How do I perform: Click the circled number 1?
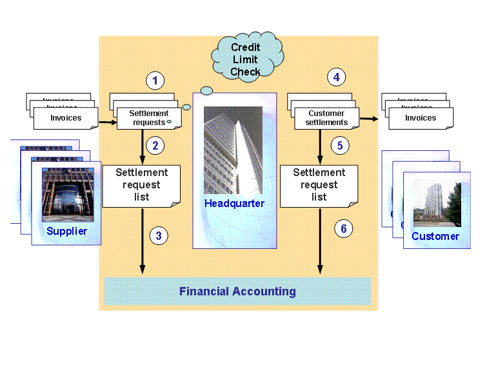(x=155, y=81)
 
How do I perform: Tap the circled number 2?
(x=155, y=145)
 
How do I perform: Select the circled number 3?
(x=159, y=235)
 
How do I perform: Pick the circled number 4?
(x=335, y=77)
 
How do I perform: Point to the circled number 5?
(x=340, y=145)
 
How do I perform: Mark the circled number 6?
(x=344, y=228)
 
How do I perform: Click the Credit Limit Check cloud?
(x=246, y=59)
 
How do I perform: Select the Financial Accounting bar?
(x=237, y=291)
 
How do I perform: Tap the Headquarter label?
(x=235, y=204)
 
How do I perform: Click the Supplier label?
(x=66, y=231)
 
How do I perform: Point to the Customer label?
(x=435, y=236)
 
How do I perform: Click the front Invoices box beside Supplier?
(x=66, y=118)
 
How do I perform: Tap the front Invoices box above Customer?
(x=421, y=118)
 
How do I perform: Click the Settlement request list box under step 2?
(x=141, y=185)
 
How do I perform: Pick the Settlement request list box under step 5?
(x=319, y=185)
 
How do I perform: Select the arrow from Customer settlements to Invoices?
(x=370, y=119)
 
